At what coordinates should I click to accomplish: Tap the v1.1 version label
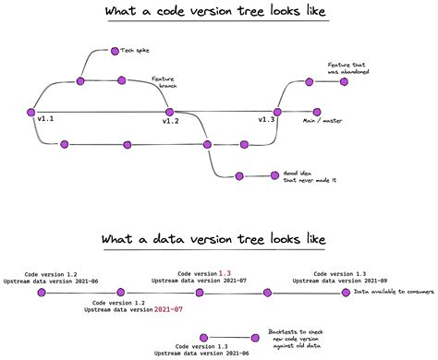tap(45, 120)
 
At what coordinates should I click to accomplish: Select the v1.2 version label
tap(171, 121)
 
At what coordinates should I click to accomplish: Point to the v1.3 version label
tap(266, 120)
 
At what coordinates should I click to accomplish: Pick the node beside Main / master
tap(317, 111)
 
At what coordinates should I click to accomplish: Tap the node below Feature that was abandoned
tap(345, 81)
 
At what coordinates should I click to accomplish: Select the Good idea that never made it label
tap(300, 177)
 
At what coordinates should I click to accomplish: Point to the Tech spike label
tap(134, 51)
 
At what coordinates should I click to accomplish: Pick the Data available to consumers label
tap(391, 293)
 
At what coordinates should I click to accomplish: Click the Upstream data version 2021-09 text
tap(334, 282)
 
